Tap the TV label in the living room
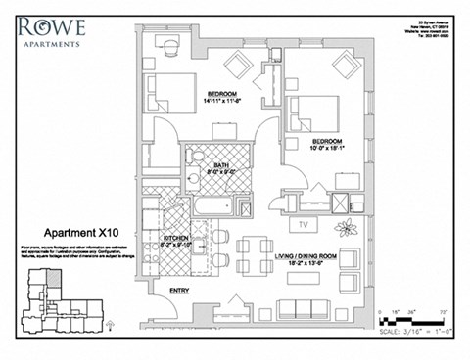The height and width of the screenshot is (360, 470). coord(304,224)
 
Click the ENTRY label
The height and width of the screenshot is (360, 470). coord(180,291)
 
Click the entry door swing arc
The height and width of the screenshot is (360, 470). coord(168,313)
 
